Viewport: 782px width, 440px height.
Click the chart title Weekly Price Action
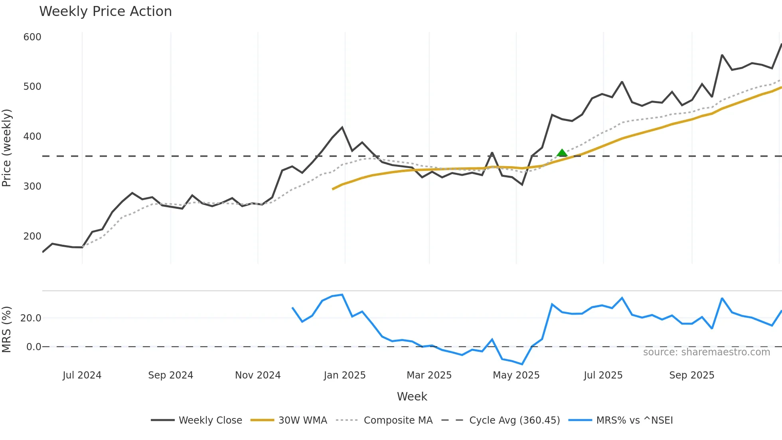point(105,12)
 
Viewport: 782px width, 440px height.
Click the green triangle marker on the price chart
point(562,153)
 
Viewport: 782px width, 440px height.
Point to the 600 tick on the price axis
point(32,37)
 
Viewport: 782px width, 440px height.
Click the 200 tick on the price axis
point(32,236)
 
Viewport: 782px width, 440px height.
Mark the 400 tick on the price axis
point(32,137)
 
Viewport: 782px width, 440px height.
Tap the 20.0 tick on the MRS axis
point(31,318)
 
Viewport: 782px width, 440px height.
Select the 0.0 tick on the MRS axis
point(34,347)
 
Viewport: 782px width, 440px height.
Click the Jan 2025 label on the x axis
point(345,375)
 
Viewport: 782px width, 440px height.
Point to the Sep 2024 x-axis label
point(170,375)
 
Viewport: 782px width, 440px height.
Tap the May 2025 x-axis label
point(516,375)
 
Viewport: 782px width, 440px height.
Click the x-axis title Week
point(412,396)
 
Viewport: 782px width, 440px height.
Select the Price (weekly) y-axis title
point(7,148)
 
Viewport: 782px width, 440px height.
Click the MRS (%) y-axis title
point(7,329)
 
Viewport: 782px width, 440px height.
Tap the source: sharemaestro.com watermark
point(706,352)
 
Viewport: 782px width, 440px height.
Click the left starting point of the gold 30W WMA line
point(333,189)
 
